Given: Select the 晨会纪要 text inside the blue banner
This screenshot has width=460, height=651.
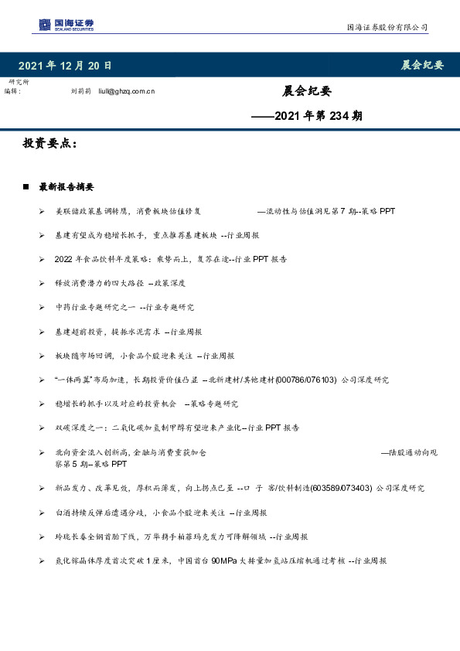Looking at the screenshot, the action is pos(422,65).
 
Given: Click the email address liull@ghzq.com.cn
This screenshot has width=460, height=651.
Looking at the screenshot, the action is pos(126,91).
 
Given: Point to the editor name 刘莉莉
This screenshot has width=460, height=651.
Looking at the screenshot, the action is pos(80,91).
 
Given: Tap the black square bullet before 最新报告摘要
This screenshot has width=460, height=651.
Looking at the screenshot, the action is pos(27,187).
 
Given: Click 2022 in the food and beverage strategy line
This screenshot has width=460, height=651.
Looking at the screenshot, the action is pos(63,259).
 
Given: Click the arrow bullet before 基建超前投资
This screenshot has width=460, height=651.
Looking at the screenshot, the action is pos(42,332).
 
